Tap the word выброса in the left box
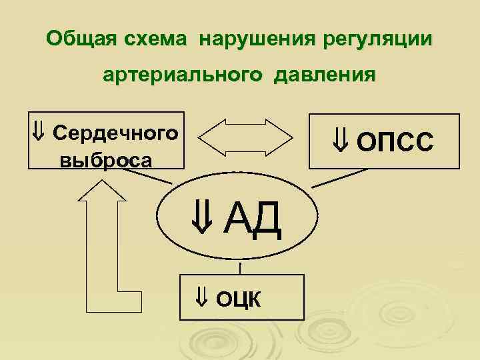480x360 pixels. (105, 161)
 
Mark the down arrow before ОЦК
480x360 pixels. (202, 299)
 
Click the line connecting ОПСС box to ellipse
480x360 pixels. (340, 177)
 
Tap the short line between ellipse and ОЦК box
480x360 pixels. (239, 266)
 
